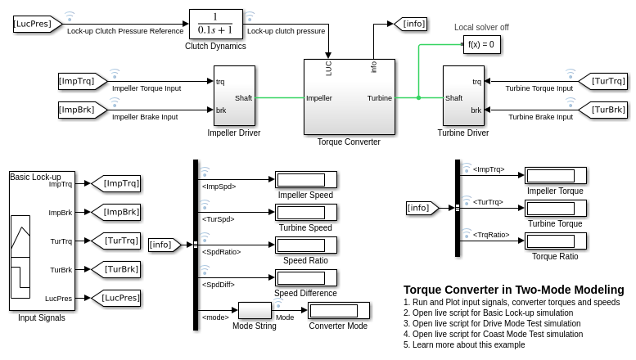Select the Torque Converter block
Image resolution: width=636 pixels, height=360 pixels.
[x=349, y=97]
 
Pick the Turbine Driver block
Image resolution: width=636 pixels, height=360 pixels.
[x=463, y=97]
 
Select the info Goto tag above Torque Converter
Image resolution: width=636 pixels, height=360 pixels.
[x=410, y=24]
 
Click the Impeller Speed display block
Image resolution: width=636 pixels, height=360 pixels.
[x=305, y=179]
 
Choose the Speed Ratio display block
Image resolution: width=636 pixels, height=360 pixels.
[x=305, y=245]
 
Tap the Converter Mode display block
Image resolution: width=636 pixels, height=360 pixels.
[x=338, y=310]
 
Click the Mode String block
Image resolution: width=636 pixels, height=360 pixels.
[x=254, y=310]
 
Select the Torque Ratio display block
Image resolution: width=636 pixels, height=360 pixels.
[x=555, y=241]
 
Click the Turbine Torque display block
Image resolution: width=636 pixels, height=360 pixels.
[x=555, y=208]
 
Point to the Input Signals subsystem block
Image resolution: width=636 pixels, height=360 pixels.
[x=42, y=241]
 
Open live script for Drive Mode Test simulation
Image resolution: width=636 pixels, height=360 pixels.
[x=492, y=323]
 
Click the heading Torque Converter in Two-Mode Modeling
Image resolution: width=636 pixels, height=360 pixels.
[x=513, y=290]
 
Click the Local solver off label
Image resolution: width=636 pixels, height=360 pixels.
[x=481, y=27]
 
